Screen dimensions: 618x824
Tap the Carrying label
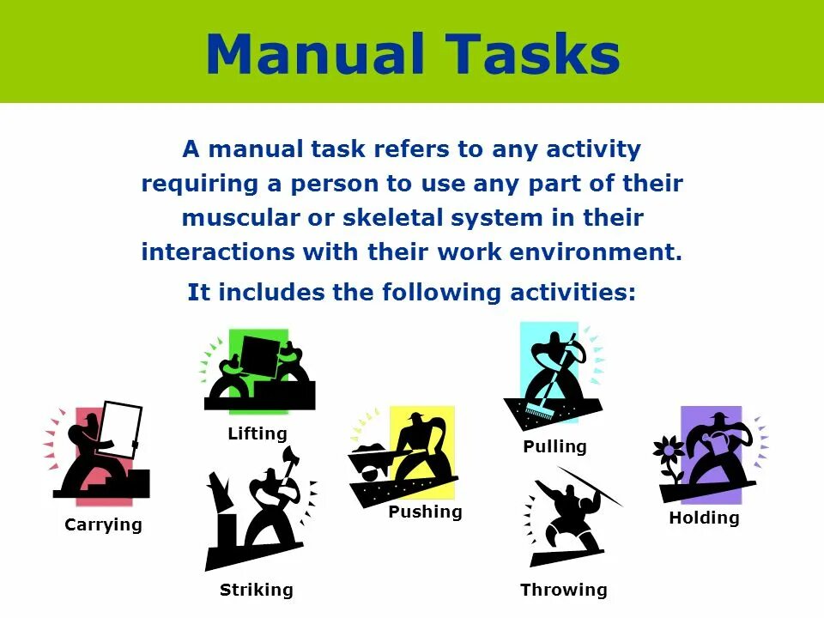103,524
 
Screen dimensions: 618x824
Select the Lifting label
257,433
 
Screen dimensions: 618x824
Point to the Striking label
257,590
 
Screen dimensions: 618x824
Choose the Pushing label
425,512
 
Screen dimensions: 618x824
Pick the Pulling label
555,446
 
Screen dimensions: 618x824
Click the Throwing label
564,590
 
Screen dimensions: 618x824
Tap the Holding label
704,518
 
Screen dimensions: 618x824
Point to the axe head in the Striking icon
288,454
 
